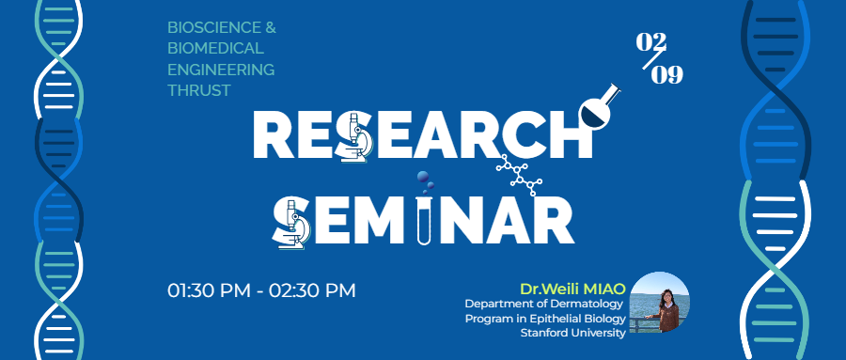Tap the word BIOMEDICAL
pyautogui.click(x=215, y=49)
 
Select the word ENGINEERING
pyautogui.click(x=221, y=70)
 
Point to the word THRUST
pyautogui.click(x=199, y=90)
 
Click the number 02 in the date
pyautogui.click(x=651, y=42)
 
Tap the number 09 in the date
pyautogui.click(x=666, y=75)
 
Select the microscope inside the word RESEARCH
pyautogui.click(x=354, y=137)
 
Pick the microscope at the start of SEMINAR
pyautogui.click(x=291, y=223)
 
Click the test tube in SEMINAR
pyautogui.click(x=424, y=220)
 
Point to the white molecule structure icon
pyautogui.click(x=519, y=174)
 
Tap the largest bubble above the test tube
pyautogui.click(x=423, y=177)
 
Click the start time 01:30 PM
pyautogui.click(x=209, y=290)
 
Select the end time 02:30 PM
pyautogui.click(x=312, y=290)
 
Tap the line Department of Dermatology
pyautogui.click(x=544, y=304)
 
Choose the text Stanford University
pyautogui.click(x=573, y=333)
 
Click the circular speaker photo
pyautogui.click(x=659, y=302)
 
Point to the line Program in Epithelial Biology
pyautogui.click(x=545, y=319)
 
